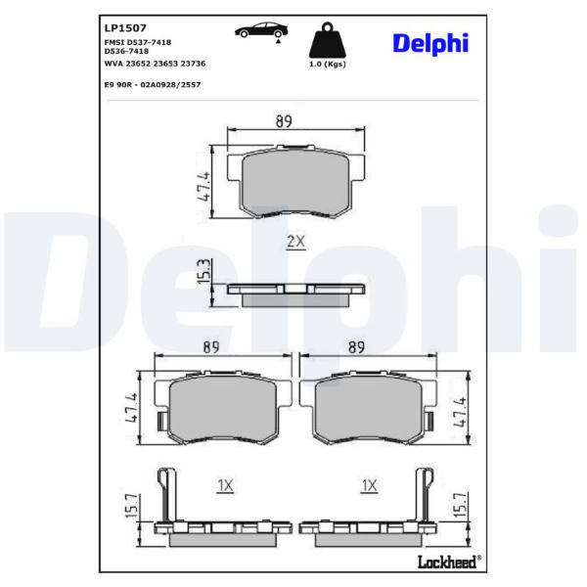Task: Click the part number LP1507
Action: pyautogui.click(x=125, y=27)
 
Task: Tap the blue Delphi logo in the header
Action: pyautogui.click(x=430, y=44)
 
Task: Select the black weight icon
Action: pyautogui.click(x=327, y=40)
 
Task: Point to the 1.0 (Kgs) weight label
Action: pyautogui.click(x=327, y=64)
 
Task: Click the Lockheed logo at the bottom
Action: pyautogui.click(x=449, y=562)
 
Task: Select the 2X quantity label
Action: pyautogui.click(x=295, y=242)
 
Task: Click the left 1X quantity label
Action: pyautogui.click(x=225, y=485)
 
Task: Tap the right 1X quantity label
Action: pyautogui.click(x=369, y=485)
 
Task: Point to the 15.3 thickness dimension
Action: pyautogui.click(x=204, y=271)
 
